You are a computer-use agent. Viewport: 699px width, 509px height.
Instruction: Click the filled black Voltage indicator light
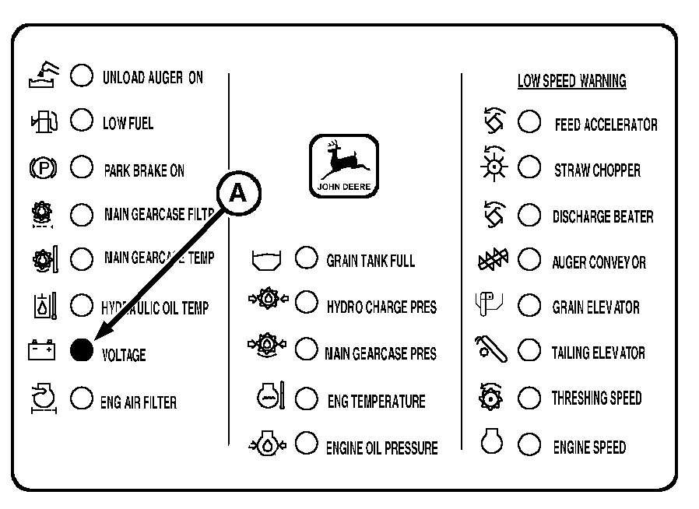[82, 350]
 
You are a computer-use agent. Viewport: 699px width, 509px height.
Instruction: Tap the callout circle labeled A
[238, 194]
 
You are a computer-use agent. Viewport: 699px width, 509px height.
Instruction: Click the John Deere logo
[344, 166]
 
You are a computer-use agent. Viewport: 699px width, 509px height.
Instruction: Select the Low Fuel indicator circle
[82, 120]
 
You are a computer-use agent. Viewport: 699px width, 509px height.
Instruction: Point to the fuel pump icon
[44, 121]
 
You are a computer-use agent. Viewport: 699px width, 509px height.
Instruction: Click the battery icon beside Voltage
[42, 350]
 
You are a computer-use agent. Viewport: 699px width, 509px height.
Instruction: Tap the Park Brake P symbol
[43, 168]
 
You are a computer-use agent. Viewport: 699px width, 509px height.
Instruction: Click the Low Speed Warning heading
[572, 81]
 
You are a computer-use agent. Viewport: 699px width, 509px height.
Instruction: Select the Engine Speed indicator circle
[529, 444]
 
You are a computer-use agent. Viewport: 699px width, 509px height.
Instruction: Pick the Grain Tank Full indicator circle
[306, 258]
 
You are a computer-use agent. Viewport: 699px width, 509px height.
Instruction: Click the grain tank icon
[266, 260]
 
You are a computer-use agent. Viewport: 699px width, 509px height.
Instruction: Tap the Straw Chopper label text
[597, 170]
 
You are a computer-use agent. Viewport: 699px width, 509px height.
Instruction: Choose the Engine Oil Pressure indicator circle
[306, 443]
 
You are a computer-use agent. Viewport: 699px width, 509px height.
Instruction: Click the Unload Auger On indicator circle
[82, 75]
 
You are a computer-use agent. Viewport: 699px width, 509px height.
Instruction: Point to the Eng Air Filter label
[139, 402]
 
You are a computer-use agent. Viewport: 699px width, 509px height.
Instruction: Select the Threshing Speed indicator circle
[529, 397]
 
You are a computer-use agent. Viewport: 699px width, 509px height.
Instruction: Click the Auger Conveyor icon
[493, 259]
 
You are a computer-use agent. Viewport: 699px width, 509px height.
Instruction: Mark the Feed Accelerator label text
[606, 125]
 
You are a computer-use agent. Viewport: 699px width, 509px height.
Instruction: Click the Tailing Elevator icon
[491, 349]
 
